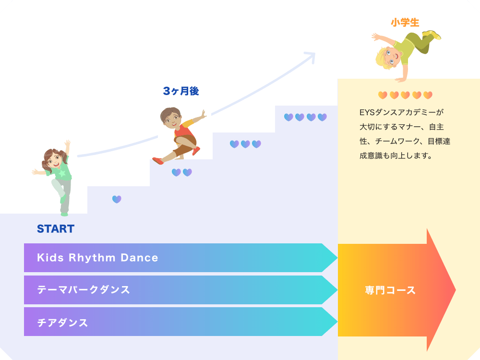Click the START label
[x=56, y=229]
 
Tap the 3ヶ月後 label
[x=181, y=91]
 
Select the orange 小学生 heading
[x=405, y=23]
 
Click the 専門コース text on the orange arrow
[x=390, y=290]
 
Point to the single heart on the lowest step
[x=117, y=199]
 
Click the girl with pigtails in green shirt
[x=57, y=178]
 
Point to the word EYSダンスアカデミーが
[x=401, y=113]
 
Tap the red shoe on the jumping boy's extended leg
[x=157, y=161]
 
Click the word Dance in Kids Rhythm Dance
[x=139, y=258]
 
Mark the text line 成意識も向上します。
[x=396, y=156]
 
